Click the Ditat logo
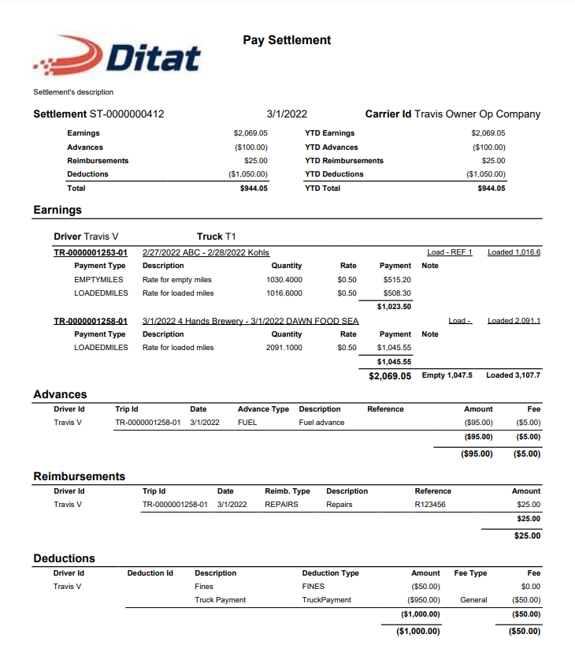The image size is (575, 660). pos(118,56)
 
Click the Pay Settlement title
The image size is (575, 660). pos(287,40)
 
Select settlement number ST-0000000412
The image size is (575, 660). pos(125,114)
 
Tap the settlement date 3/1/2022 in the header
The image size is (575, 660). pos(287,114)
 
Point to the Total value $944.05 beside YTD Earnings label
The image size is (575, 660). pos(254,188)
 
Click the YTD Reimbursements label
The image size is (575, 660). pos(343,161)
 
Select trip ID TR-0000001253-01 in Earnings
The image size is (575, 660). pos(91,252)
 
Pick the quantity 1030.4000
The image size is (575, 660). pos(284,279)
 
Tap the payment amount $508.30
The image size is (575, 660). pos(395,293)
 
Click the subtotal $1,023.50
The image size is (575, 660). pos(394,307)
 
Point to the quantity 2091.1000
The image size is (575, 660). pos(284,348)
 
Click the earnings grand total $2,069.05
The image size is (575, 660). pos(390,376)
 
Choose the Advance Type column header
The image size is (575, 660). pos(263,409)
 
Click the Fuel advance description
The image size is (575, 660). pos(321,423)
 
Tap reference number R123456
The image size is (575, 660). pos(430,505)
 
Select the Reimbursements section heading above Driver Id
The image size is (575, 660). pos(79,476)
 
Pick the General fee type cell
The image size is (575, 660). pos(474,600)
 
